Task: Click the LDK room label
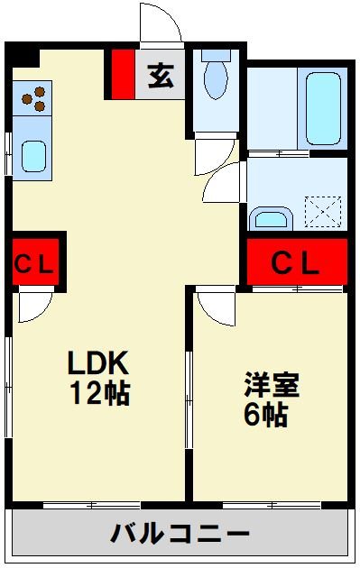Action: pos(101,363)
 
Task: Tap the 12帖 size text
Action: pos(101,393)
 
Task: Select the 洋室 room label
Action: pos(271,385)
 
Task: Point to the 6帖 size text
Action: pos(264,415)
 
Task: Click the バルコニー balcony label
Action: pos(180,534)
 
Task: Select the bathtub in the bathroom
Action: pos(326,109)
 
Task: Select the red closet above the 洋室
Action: pos(297,262)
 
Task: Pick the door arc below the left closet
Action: pos(36,307)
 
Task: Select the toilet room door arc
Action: pos(219,185)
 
